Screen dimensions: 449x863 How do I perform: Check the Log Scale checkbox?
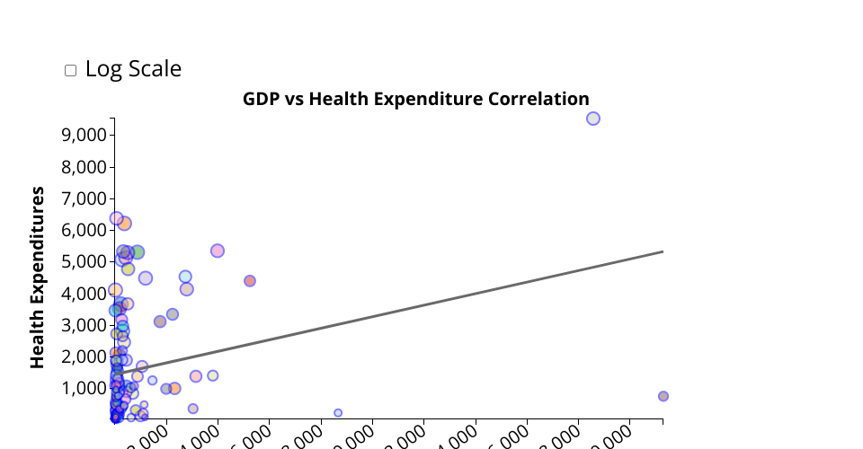pyautogui.click(x=71, y=71)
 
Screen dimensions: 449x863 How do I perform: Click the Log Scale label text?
pyautogui.click(x=133, y=69)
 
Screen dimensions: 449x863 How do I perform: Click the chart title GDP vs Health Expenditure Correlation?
pyautogui.click(x=415, y=99)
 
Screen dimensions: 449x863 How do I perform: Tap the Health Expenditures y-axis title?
pyautogui.click(x=38, y=277)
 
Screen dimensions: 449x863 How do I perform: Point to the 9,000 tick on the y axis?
pyautogui.click(x=83, y=135)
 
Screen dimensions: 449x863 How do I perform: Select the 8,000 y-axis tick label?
pyautogui.click(x=83, y=167)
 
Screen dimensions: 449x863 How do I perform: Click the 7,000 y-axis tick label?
pyautogui.click(x=83, y=198)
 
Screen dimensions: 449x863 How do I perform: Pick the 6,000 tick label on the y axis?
pyautogui.click(x=83, y=230)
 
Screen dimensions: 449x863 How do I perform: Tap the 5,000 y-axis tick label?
pyautogui.click(x=83, y=261)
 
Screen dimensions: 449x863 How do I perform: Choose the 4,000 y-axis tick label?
pyautogui.click(x=83, y=294)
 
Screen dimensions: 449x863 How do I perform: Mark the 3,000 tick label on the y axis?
pyautogui.click(x=83, y=325)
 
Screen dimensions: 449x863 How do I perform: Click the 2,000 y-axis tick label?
pyautogui.click(x=83, y=357)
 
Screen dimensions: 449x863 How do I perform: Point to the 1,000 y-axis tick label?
pyautogui.click(x=83, y=388)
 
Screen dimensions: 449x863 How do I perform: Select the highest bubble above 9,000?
pyautogui.click(x=593, y=119)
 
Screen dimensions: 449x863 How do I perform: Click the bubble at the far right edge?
pyautogui.click(x=663, y=396)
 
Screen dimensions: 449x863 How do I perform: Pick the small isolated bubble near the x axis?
pyautogui.click(x=338, y=413)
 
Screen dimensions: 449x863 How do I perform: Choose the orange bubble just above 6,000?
pyautogui.click(x=125, y=224)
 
